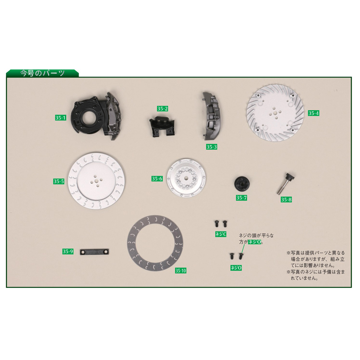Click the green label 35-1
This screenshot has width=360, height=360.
[x=60, y=118]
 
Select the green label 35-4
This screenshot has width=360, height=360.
[x=314, y=113]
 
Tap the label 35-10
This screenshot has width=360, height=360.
[x=181, y=271]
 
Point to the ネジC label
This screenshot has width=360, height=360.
[x=221, y=234]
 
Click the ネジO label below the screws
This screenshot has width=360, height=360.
[x=236, y=268]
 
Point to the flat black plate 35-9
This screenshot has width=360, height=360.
[x=94, y=252]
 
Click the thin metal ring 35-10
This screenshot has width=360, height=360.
[x=132, y=243]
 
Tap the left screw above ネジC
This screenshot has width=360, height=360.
[x=217, y=223]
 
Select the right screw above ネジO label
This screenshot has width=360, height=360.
[x=241, y=256]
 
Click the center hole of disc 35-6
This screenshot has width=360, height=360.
[x=186, y=178]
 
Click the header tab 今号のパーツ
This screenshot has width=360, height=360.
[x=42, y=73]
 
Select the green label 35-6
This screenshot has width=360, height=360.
[x=157, y=179]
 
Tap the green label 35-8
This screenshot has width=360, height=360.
[x=287, y=199]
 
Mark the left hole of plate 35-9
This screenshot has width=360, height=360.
[x=83, y=252]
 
